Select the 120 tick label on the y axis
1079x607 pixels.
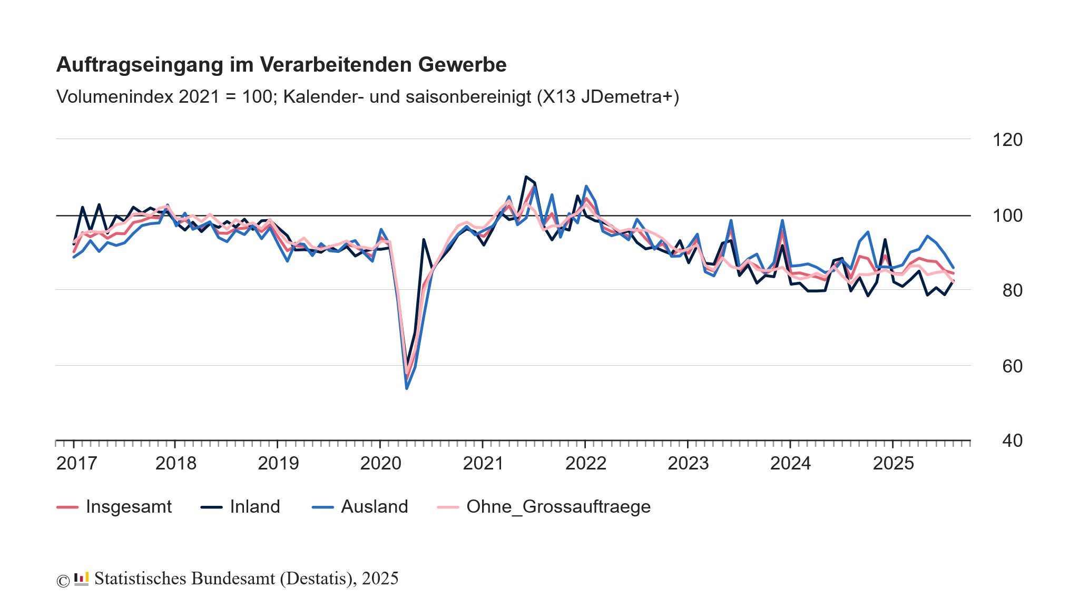coord(1007,140)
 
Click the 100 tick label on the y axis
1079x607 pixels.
coord(1007,216)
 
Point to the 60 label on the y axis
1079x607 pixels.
coord(1012,366)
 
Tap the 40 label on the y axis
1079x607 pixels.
coord(1012,441)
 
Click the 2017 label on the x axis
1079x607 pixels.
coord(76,464)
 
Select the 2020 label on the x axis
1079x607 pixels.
coord(380,464)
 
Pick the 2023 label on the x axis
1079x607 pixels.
coord(688,464)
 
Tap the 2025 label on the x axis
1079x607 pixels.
coord(893,464)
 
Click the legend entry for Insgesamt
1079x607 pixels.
coord(128,507)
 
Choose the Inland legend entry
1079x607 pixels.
coord(254,507)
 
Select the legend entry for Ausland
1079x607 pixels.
coord(374,507)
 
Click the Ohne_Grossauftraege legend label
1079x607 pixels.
coord(558,507)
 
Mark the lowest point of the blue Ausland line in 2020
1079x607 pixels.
coord(407,388)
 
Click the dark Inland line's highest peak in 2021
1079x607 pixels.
coord(526,177)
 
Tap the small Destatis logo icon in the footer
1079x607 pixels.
coord(81,579)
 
